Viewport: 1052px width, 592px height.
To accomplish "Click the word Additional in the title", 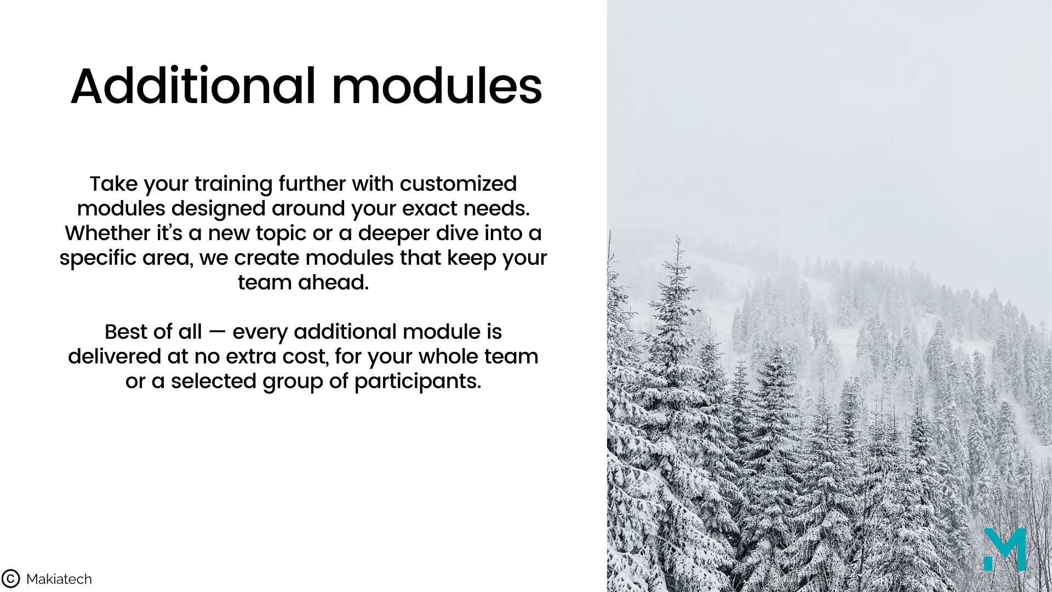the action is pos(193,86).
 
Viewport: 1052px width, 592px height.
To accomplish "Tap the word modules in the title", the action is pos(437,86).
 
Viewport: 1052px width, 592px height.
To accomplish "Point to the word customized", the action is pos(458,184).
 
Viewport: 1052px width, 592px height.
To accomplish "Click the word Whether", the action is pos(108,233).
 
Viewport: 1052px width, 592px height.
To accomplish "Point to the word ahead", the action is pos(333,282).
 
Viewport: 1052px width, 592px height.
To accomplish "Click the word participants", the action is pos(418,382).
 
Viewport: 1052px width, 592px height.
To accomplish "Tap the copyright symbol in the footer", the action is pos(10,579).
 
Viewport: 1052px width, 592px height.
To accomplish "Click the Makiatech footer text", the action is pos(59,579).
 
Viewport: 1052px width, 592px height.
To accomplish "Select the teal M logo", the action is pos(1004,550).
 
